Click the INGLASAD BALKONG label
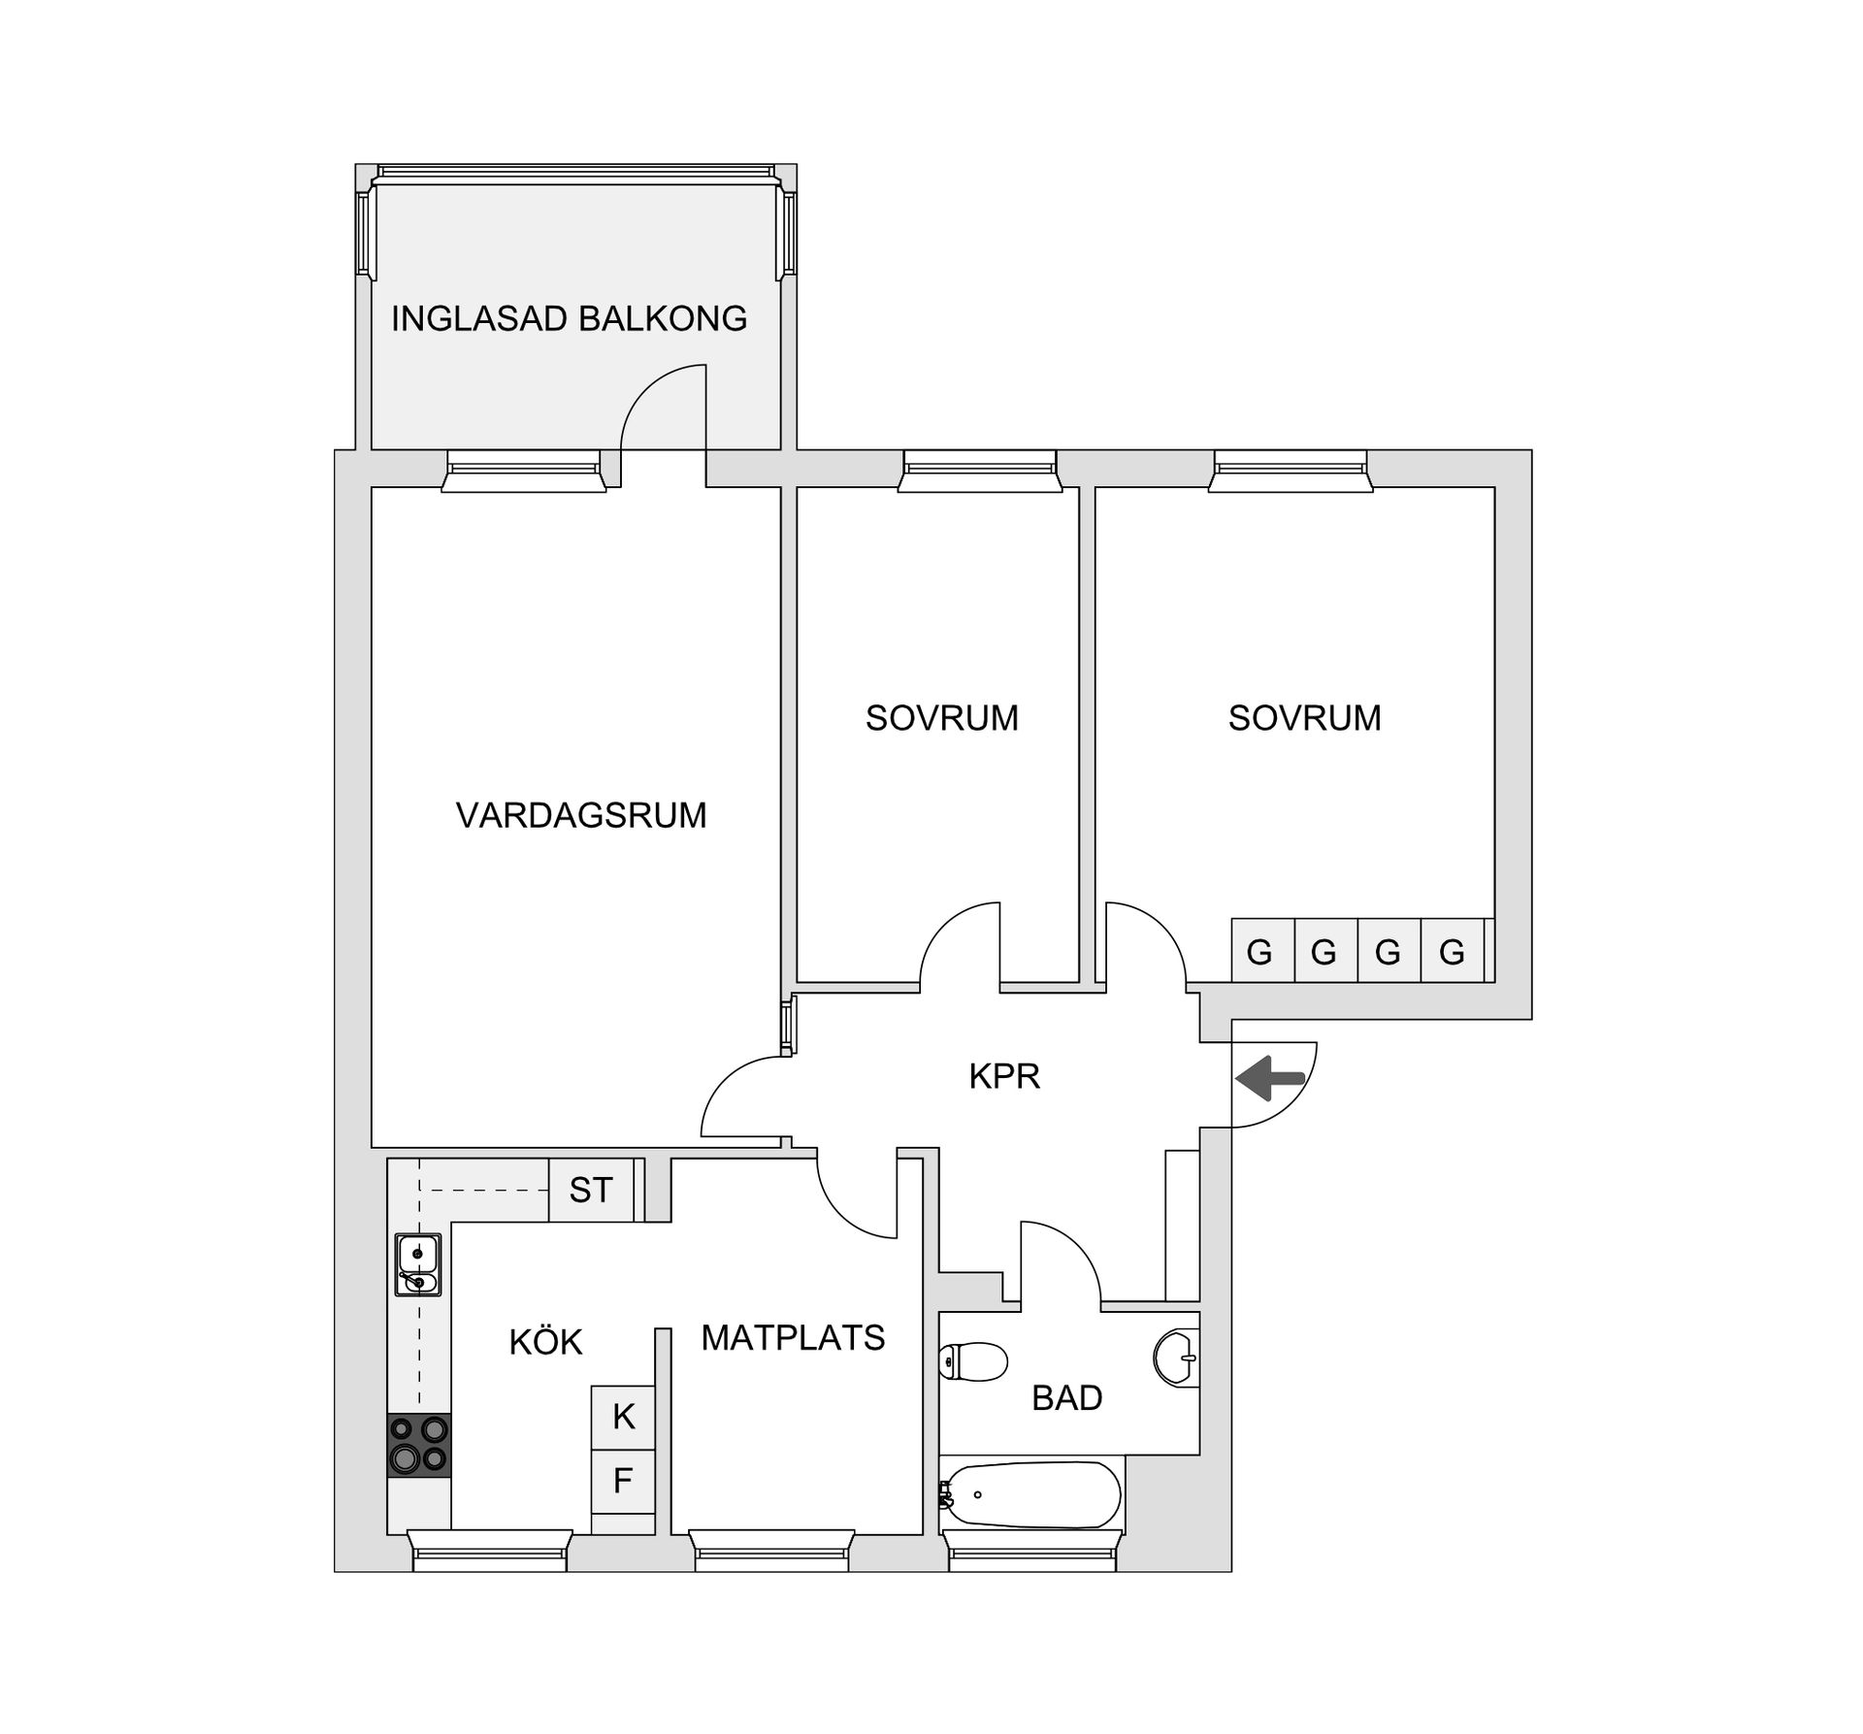(x=569, y=319)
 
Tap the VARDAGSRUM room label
(x=580, y=815)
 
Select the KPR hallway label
(x=1003, y=1076)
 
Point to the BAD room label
(x=1066, y=1398)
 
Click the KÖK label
(x=545, y=1343)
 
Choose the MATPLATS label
(x=793, y=1338)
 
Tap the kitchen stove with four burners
(x=419, y=1445)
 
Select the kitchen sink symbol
(x=418, y=1264)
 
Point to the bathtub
(x=1032, y=1495)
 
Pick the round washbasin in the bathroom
(x=1176, y=1358)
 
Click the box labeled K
(x=623, y=1417)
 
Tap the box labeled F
(x=623, y=1481)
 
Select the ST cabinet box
(x=591, y=1190)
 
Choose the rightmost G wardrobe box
(x=1452, y=951)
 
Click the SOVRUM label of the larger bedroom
(x=1304, y=718)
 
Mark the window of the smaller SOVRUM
(x=978, y=471)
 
